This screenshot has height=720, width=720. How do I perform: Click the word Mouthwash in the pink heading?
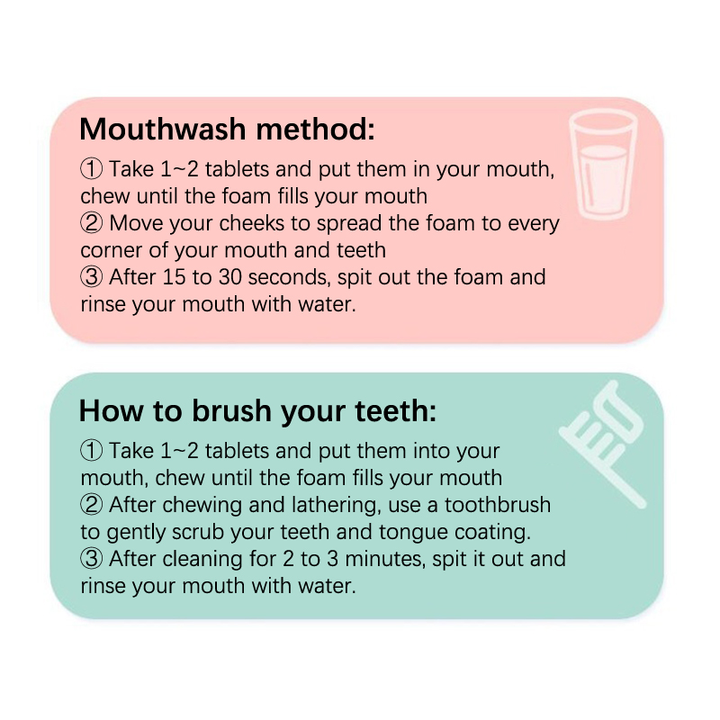pos(163,129)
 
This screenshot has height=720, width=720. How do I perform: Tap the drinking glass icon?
pos(603,164)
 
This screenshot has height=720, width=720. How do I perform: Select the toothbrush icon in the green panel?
pos(603,444)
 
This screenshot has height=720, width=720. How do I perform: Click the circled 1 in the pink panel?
pos(92,169)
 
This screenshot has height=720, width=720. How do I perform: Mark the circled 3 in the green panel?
pos(92,559)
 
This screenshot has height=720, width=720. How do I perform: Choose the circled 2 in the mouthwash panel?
pos(92,223)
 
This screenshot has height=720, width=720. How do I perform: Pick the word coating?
pos(492,533)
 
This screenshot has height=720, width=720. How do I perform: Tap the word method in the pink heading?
pos(315,129)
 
